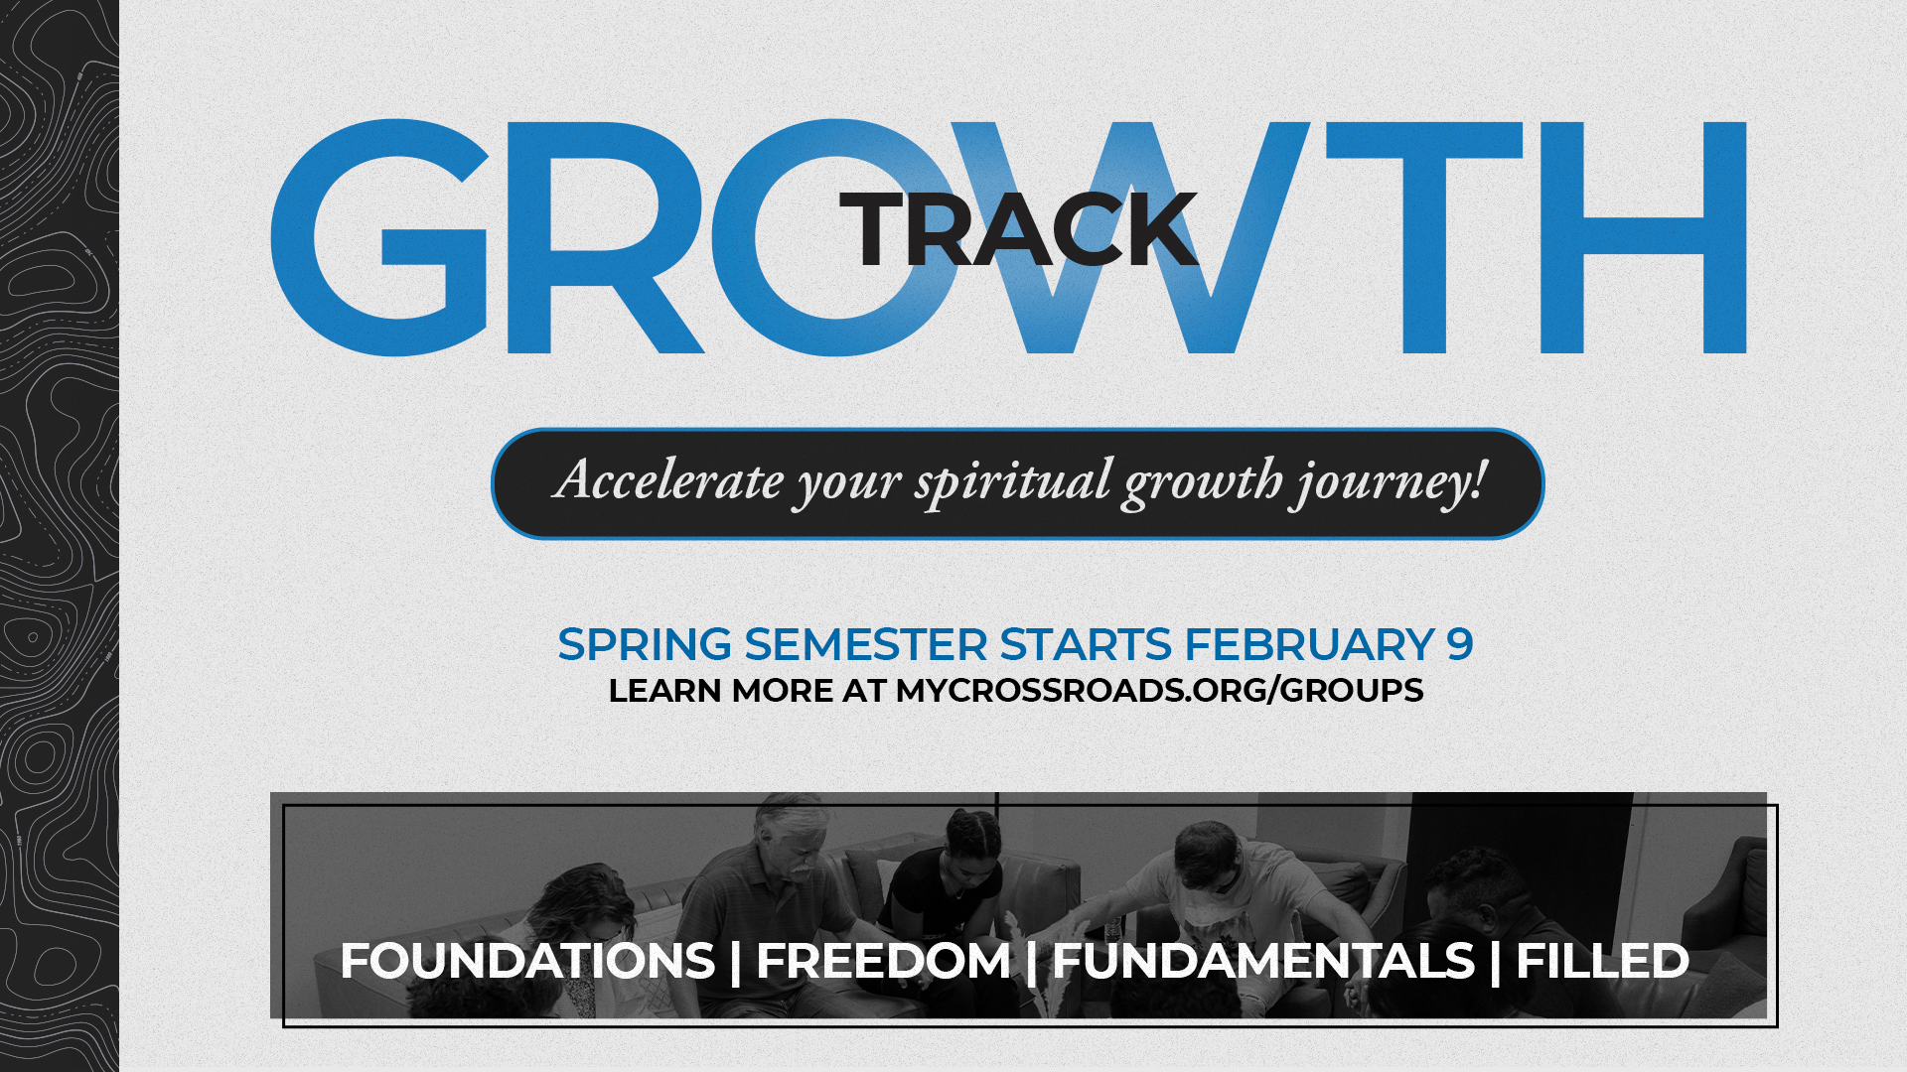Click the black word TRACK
pos(1019,229)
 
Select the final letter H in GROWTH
pos(1643,237)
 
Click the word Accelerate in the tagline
pos(669,480)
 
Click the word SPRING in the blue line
pos(646,644)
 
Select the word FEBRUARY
pos(1309,644)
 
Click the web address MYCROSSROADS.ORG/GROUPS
pos(1159,690)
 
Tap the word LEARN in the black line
pos(664,690)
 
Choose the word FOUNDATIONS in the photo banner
pos(527,961)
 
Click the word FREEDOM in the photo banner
pos(884,961)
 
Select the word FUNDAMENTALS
pos(1263,961)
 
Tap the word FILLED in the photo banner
pos(1602,961)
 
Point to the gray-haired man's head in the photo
pos(792,837)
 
